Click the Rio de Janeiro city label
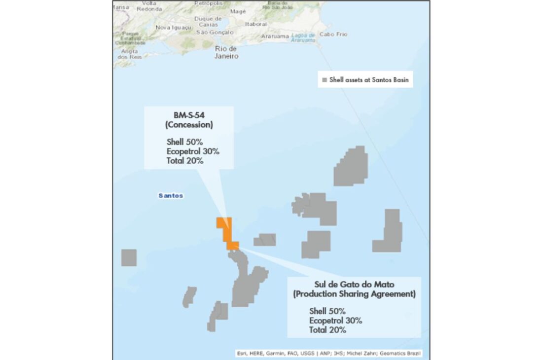[226, 52]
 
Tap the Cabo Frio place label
[333, 35]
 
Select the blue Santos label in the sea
[171, 196]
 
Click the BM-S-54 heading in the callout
[188, 116]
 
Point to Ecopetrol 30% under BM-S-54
[193, 151]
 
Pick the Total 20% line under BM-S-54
[185, 160]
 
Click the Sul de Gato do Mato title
[354, 285]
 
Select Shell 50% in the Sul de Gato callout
[327, 311]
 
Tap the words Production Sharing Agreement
[354, 294]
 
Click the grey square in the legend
[324, 80]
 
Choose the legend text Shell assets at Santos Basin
[369, 80]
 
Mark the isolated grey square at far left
[129, 257]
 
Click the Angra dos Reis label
[129, 54]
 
